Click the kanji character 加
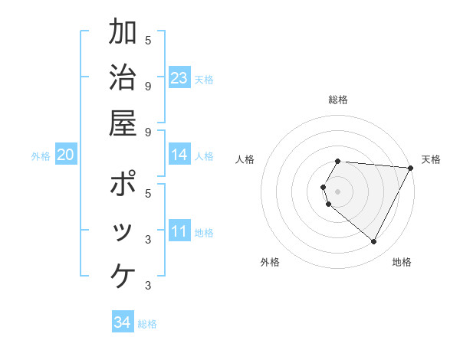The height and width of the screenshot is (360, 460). [x=123, y=34]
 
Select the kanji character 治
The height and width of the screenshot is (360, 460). [x=123, y=79]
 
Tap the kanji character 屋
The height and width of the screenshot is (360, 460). [x=123, y=123]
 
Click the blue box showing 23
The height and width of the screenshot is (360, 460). [x=179, y=78]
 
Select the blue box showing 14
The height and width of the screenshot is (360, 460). [x=179, y=155]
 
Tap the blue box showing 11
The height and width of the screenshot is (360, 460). [x=179, y=231]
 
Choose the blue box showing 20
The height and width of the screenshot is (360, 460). [x=66, y=155]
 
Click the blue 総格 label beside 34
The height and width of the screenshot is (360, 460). [x=147, y=324]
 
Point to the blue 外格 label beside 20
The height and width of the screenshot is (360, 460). [x=41, y=156]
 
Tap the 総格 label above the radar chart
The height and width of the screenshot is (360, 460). [x=338, y=100]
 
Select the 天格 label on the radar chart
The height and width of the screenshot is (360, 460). [x=431, y=159]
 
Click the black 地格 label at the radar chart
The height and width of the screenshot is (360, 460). [x=402, y=262]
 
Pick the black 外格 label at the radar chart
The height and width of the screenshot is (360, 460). [x=270, y=262]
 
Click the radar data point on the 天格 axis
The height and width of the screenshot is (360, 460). [x=411, y=168]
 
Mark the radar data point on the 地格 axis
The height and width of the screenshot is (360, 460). [x=374, y=242]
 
